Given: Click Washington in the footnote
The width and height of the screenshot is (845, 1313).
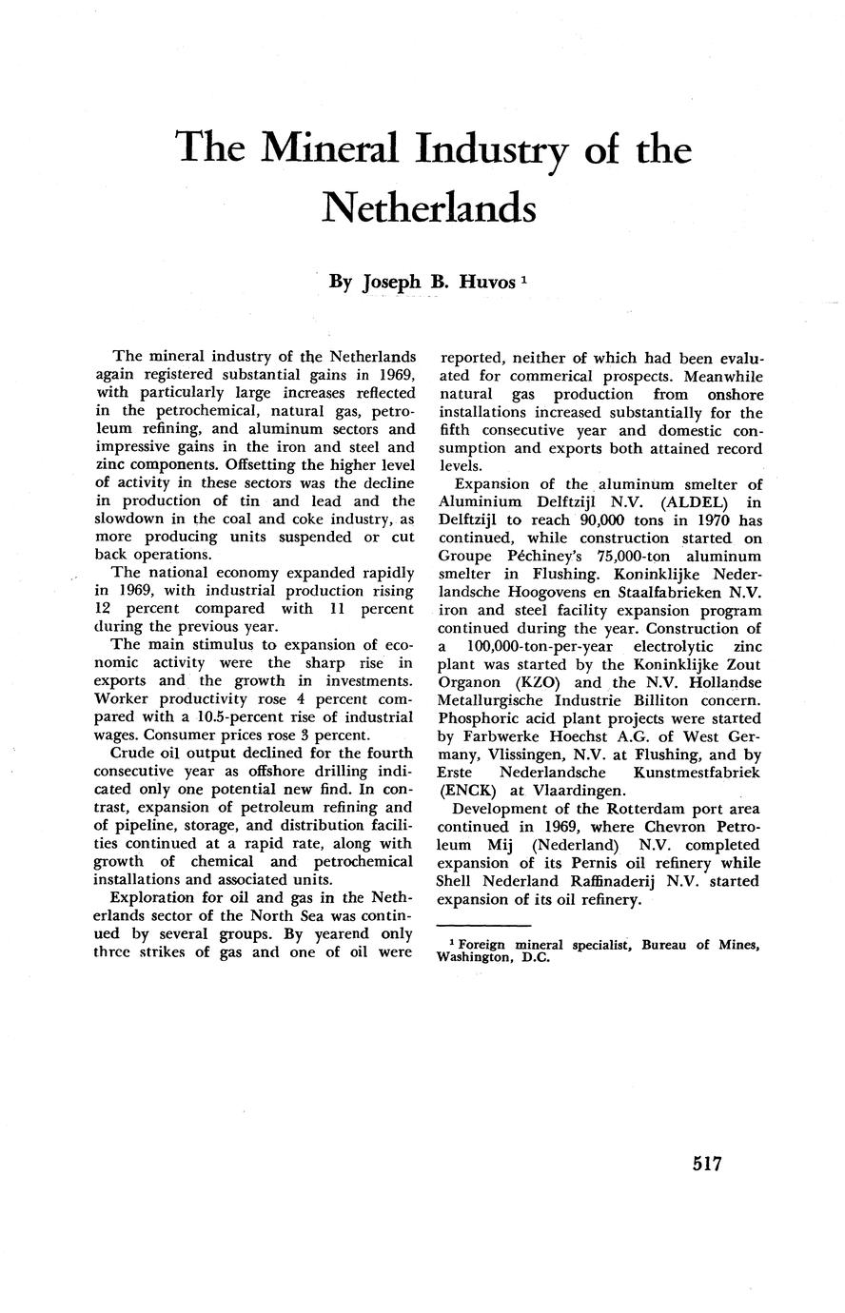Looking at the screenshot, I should pyautogui.click(x=481, y=958).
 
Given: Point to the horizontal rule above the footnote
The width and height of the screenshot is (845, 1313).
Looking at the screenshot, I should pyautogui.click(x=483, y=925).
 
